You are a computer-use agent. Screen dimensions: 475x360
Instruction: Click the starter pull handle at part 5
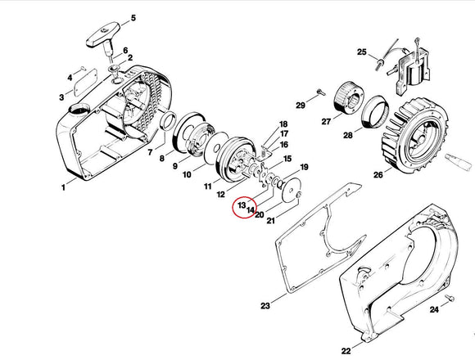(102, 37)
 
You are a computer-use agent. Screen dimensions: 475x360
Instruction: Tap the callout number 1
(63, 188)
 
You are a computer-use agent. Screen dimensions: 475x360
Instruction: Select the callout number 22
(346, 351)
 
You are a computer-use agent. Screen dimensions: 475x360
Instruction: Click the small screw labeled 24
(450, 298)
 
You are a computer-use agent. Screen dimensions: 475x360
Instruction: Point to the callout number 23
(265, 306)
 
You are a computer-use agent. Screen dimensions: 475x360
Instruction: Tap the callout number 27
(326, 122)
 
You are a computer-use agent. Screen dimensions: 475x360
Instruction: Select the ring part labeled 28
(374, 112)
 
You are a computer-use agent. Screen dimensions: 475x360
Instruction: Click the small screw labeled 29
(320, 92)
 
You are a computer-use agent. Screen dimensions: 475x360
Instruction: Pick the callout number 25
(362, 52)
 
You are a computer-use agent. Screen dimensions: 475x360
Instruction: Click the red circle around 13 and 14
(244, 206)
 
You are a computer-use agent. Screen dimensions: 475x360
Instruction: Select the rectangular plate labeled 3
(86, 83)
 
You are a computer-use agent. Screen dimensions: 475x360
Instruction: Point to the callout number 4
(70, 78)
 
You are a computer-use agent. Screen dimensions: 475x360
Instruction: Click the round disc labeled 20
(292, 190)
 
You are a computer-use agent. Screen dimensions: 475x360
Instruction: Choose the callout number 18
(283, 124)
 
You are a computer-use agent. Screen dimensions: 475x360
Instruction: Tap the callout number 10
(187, 174)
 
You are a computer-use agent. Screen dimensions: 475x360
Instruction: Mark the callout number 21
(270, 221)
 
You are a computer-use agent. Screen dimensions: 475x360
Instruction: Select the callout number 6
(125, 51)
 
